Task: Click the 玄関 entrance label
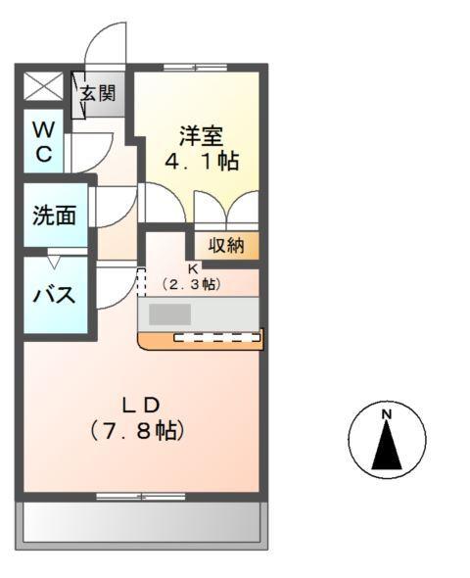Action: click(x=98, y=94)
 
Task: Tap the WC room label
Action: click(x=43, y=141)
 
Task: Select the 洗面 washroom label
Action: click(x=54, y=217)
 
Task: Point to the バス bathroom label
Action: click(x=54, y=295)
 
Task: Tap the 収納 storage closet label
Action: click(x=226, y=245)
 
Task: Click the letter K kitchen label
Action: click(x=193, y=267)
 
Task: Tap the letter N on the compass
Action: click(x=387, y=416)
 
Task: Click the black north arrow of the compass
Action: click(x=388, y=448)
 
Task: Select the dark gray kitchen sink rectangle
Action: click(x=170, y=314)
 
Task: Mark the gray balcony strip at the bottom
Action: click(x=142, y=521)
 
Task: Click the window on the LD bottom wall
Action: click(x=142, y=496)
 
